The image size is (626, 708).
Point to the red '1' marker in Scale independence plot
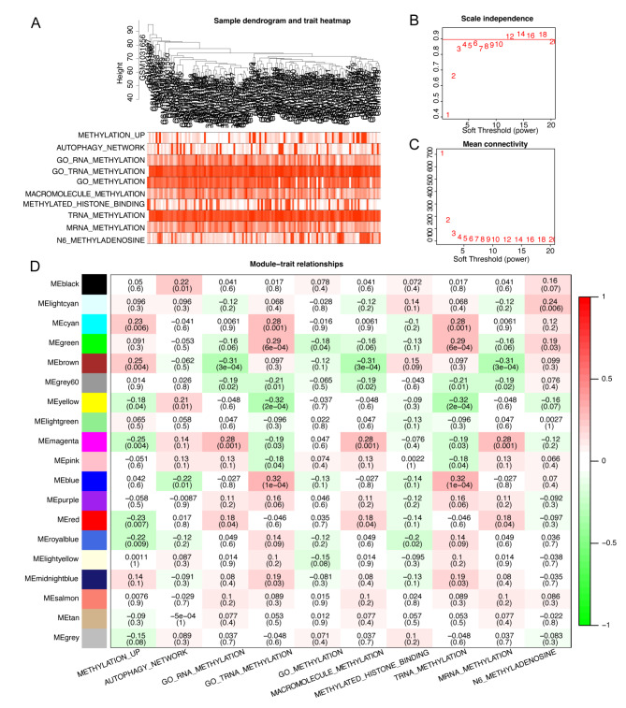click(x=448, y=115)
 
